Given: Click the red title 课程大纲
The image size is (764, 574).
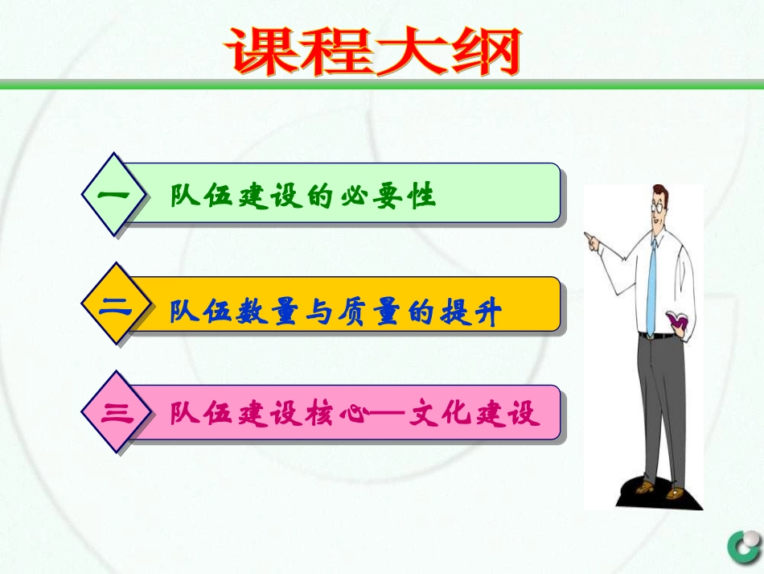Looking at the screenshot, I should (x=373, y=52).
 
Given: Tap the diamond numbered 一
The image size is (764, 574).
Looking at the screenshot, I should (x=116, y=195).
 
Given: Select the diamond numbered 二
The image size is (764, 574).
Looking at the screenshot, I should (x=116, y=305).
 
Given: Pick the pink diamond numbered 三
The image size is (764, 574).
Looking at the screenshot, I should (x=116, y=414).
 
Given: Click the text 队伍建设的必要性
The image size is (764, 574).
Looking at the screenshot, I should (x=302, y=196).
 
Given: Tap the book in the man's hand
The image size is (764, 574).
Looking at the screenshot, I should (x=679, y=320).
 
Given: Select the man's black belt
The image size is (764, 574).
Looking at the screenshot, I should (x=663, y=335).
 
